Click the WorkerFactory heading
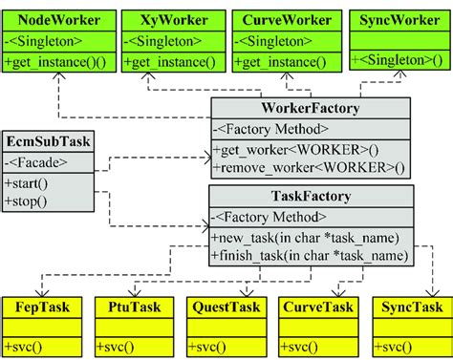click(312, 110)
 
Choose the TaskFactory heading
click(312, 198)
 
